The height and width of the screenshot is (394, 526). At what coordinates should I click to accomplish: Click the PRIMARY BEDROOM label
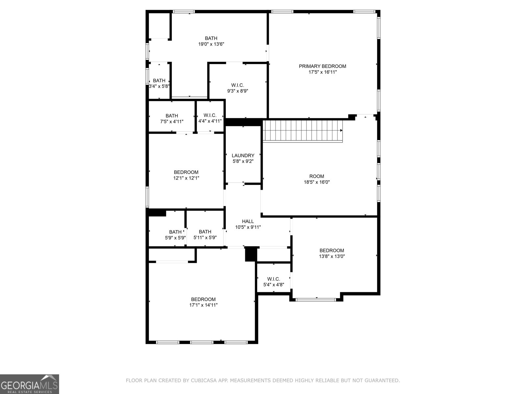point(322,66)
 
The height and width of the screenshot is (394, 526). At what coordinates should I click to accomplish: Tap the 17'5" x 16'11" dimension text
point(322,72)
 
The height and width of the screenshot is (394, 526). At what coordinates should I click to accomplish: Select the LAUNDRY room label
point(243,155)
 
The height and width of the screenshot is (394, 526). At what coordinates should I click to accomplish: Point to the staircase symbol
point(302,131)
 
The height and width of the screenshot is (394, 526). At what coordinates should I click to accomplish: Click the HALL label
point(248,221)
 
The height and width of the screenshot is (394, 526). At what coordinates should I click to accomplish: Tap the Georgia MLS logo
point(30,384)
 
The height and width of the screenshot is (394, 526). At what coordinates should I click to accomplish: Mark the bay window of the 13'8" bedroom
point(316,299)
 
